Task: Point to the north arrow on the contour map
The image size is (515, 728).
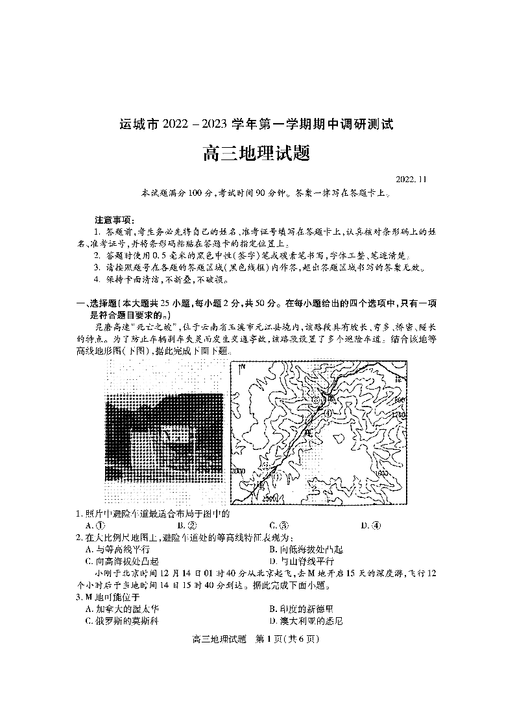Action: tap(240, 369)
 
